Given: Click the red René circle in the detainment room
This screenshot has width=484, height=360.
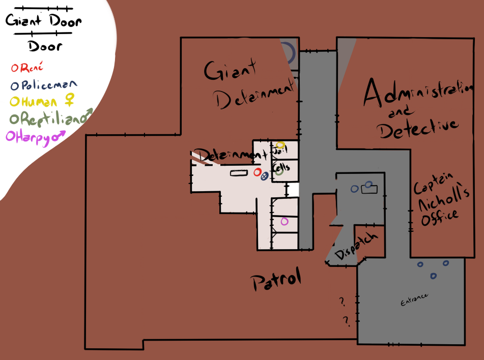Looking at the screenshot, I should (x=258, y=172).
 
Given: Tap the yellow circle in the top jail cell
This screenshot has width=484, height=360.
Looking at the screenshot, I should (x=280, y=145).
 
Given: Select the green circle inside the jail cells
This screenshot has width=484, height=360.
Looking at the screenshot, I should (x=279, y=171).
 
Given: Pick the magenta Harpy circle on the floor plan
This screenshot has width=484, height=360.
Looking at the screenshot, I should (x=284, y=221).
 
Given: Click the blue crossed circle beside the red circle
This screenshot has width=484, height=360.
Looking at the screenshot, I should (x=264, y=177).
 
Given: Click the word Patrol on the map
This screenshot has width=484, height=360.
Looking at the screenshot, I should (x=276, y=280).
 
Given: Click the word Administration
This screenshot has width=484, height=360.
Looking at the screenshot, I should (x=415, y=95).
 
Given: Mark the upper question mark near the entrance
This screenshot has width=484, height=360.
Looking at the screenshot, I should (x=342, y=302).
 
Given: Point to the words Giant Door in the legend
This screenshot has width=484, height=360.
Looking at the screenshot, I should (x=43, y=22).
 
